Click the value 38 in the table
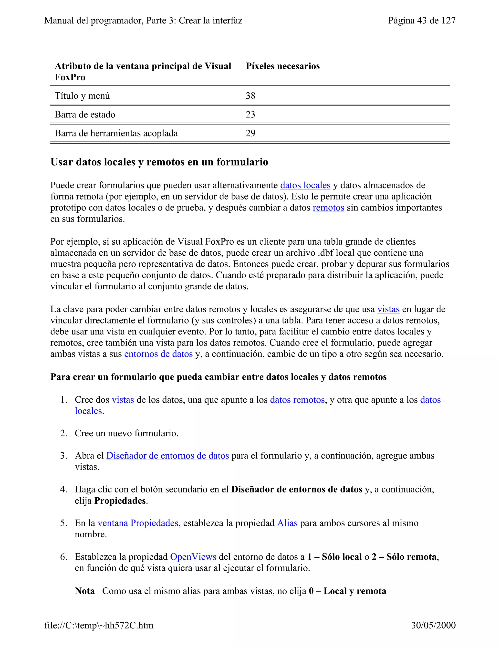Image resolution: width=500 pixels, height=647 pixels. tap(250, 96)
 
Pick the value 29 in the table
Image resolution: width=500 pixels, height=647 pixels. tap(250, 133)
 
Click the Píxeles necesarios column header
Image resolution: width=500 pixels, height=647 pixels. tap(282, 66)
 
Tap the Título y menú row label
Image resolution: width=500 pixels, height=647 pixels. tap(82, 96)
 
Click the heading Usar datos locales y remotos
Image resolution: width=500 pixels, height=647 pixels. tap(159, 162)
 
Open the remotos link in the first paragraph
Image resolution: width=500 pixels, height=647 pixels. tap(328, 208)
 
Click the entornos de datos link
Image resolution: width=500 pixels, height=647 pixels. tap(158, 354)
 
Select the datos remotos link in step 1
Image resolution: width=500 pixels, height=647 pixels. tap(297, 400)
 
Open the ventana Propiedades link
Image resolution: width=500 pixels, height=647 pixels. tap(138, 523)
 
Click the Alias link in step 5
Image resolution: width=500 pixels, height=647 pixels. tap(287, 523)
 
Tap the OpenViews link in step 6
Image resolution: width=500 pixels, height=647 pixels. tap(193, 557)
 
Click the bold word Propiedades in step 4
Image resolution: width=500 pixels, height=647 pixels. tap(120, 501)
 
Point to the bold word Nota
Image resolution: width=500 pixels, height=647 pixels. tap(85, 591)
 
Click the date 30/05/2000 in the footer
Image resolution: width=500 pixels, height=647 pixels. tap(433, 625)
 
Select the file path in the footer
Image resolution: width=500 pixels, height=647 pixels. tap(99, 625)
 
